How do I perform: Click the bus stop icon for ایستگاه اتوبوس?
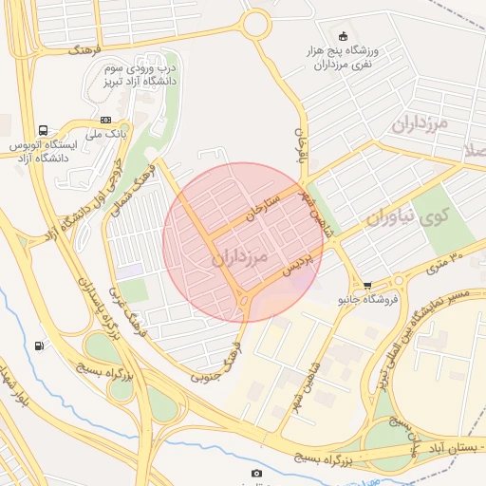click(43, 130)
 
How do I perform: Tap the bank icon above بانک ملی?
click(105, 120)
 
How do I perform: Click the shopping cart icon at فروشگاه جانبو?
click(367, 285)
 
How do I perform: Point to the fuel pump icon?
click(39, 346)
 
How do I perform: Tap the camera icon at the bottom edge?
click(256, 473)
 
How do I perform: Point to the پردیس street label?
click(295, 269)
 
